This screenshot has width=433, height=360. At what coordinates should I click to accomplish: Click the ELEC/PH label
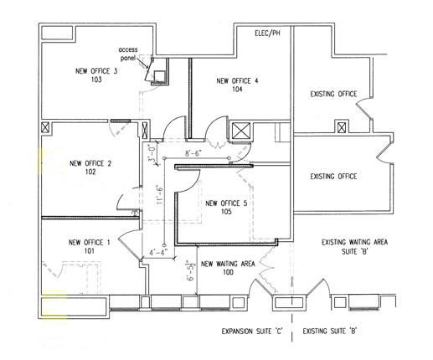click(x=267, y=33)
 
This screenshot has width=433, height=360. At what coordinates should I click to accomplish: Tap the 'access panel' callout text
click(x=128, y=54)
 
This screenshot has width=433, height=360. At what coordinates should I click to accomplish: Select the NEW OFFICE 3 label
click(x=96, y=71)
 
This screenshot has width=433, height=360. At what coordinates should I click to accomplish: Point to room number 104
click(x=237, y=90)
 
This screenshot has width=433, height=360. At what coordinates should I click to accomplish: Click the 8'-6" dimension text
click(x=193, y=153)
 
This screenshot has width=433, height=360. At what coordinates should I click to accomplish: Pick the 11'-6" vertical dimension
click(x=159, y=194)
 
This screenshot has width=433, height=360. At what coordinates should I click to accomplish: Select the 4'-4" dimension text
click(x=158, y=252)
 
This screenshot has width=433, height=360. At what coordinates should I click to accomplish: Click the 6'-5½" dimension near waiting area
click(x=191, y=270)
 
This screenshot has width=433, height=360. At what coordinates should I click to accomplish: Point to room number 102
click(x=90, y=172)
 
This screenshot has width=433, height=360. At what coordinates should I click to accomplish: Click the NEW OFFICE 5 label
click(x=226, y=203)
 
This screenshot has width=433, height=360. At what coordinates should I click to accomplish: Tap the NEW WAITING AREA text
click(x=228, y=264)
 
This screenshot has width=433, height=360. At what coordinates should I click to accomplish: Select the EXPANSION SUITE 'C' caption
click(x=252, y=332)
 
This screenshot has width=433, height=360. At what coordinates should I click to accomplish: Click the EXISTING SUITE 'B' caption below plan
click(x=330, y=332)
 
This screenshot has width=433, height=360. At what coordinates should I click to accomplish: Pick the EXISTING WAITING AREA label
click(x=354, y=242)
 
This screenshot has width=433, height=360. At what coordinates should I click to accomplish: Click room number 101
click(x=90, y=251)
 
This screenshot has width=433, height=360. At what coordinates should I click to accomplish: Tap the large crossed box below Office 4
click(x=241, y=131)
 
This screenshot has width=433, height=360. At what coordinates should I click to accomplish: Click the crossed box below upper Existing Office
click(x=341, y=128)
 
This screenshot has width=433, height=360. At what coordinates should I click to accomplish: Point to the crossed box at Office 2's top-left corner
click(x=45, y=128)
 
